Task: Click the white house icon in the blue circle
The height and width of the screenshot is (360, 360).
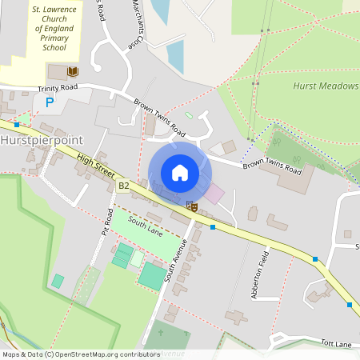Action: [x=180, y=173]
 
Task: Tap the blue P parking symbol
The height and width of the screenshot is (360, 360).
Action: [x=49, y=103]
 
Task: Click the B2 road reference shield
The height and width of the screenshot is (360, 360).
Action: [x=123, y=186]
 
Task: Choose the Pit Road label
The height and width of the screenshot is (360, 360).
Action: [x=104, y=223]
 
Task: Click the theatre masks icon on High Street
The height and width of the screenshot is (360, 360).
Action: [x=191, y=206]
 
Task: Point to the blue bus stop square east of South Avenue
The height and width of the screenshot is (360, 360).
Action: [x=213, y=227]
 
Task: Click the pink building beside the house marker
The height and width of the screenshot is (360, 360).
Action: [x=214, y=193]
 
